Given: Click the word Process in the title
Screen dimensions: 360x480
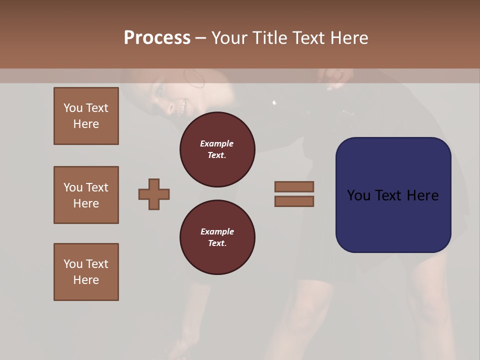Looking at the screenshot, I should [157, 38].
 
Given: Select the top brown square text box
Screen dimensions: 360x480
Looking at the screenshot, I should [86, 116].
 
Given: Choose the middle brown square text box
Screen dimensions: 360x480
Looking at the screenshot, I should [86, 195].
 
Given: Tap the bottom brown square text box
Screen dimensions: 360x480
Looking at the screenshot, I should [86, 271].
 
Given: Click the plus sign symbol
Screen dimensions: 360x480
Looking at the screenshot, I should [154, 194].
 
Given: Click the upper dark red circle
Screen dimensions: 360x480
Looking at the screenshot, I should [217, 149].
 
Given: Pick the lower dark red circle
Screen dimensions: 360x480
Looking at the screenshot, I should [217, 237].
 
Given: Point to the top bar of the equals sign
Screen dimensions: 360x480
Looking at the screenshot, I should [294, 186].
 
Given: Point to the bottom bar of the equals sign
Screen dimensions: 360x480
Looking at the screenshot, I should [294, 201].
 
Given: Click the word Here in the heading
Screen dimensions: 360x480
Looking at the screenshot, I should [348, 38].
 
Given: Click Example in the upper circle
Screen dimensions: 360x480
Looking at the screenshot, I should [216, 143].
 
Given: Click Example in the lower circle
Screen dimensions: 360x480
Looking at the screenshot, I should [216, 231].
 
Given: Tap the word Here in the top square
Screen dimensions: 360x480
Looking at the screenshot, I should [86, 124].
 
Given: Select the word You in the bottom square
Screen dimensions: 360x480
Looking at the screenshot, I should [72, 263].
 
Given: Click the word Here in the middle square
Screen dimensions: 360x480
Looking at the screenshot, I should [86, 203].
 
